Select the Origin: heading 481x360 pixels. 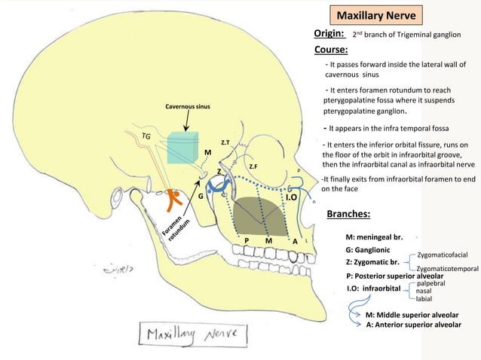tap(329, 34)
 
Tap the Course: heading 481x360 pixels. tap(330, 50)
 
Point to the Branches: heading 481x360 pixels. tap(348, 214)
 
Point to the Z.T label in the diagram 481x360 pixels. tap(225, 142)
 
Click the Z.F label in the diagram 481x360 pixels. tap(254, 166)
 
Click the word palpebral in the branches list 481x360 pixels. tap(431, 282)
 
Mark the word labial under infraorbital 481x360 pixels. tap(424, 298)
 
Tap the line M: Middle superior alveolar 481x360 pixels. tap(412, 314)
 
